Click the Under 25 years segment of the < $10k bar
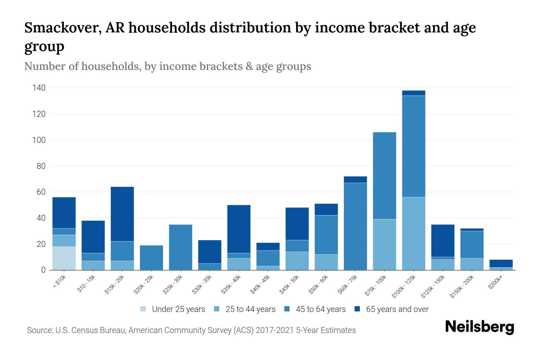[64, 258]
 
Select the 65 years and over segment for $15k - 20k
[122, 214]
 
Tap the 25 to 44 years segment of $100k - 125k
[413, 233]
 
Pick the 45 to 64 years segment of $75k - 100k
[384, 175]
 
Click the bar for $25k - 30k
[181, 247]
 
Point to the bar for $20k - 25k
[151, 258]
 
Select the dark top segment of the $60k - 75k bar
[355, 179]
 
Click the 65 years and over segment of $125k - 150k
[442, 241]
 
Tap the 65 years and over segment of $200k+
[501, 263]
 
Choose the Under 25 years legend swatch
[143, 309]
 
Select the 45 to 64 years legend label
[320, 309]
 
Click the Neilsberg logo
[479, 327]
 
